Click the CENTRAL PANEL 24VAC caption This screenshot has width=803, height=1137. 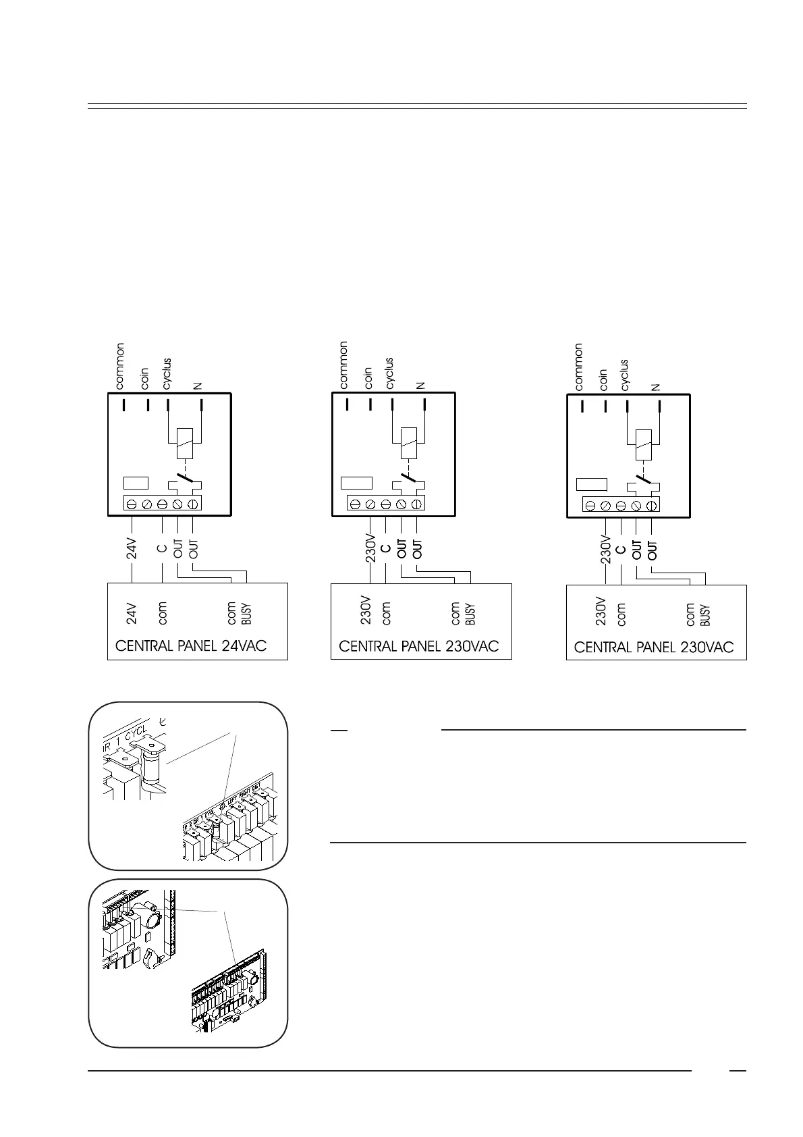tap(191, 646)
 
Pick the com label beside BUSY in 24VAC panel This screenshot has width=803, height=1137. tap(232, 613)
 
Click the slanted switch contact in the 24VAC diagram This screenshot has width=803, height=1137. tap(184, 484)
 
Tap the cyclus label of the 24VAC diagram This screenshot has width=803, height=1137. tap(167, 373)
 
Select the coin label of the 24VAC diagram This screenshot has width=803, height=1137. tap(145, 379)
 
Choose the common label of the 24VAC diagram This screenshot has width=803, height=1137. tap(120, 367)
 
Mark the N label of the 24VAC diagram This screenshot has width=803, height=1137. tap(199, 386)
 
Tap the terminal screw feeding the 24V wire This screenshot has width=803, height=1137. tap(132, 504)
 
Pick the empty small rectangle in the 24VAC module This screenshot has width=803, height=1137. tap(136, 483)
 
